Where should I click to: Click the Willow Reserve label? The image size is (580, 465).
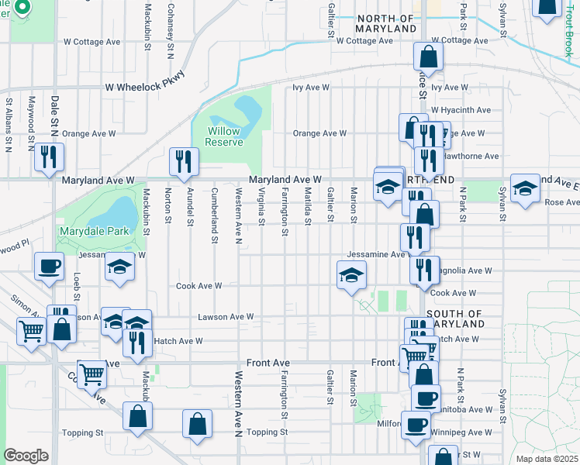tap(224, 136)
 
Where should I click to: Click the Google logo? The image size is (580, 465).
tap(26, 456)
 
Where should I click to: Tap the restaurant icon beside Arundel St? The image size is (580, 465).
tap(184, 160)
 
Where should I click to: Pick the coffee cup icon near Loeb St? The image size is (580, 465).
tap(50, 265)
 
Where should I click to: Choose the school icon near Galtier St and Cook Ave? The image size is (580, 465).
tap(351, 274)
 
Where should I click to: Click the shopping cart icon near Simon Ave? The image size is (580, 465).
tap(31, 332)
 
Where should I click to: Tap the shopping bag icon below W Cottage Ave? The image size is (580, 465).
tap(428, 55)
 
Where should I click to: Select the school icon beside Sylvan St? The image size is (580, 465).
tap(525, 188)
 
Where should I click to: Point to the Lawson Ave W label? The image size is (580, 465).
tap(226, 317)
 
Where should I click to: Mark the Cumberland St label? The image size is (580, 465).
tap(215, 214)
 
